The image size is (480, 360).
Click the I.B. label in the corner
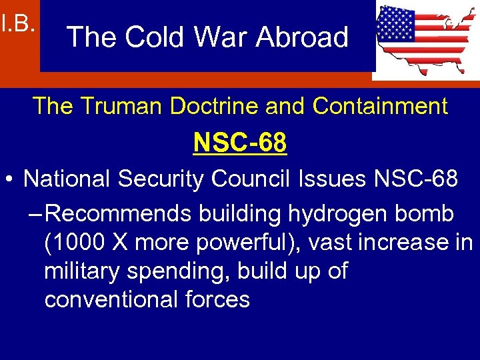18,25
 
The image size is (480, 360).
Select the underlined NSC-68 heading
240,142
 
